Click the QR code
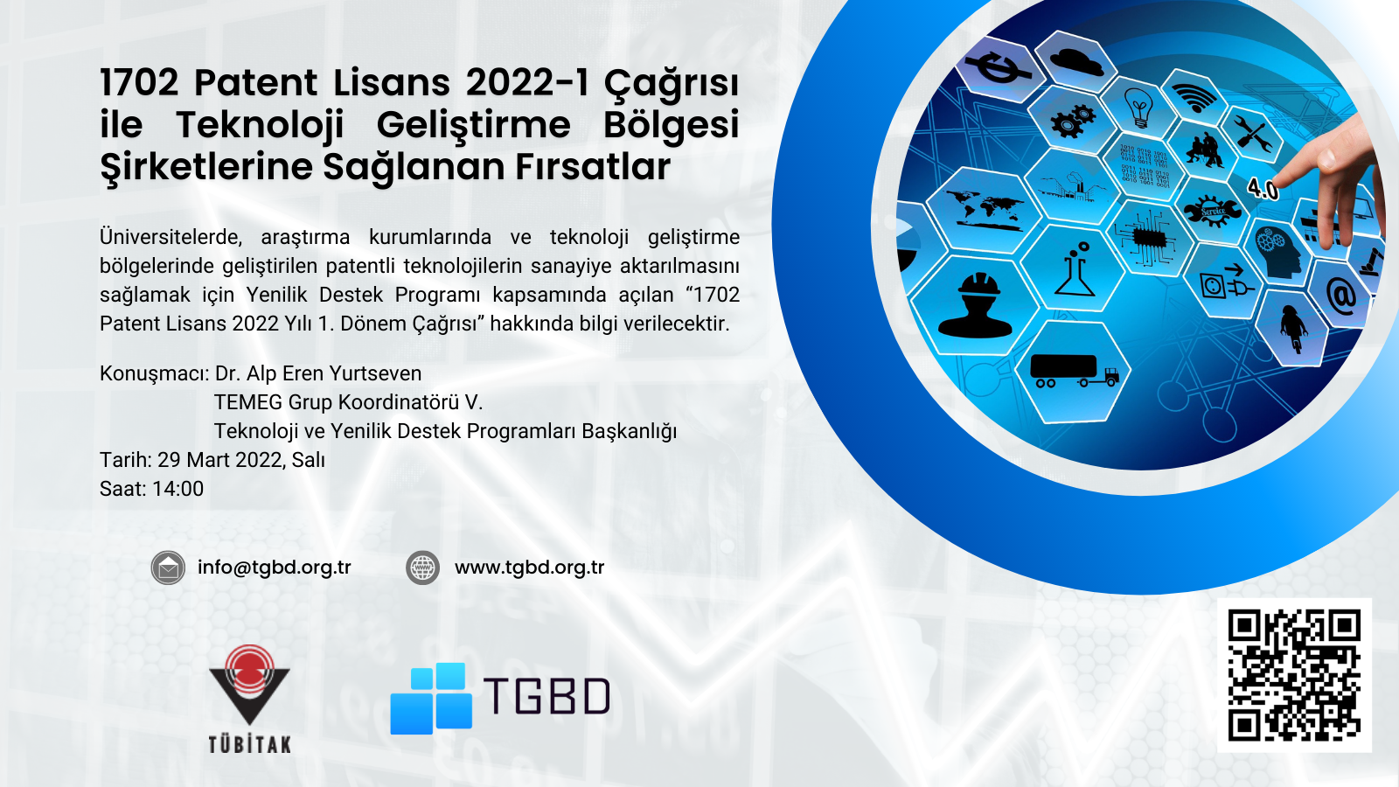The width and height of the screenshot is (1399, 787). click(1294, 675)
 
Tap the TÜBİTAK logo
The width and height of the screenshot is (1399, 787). click(249, 699)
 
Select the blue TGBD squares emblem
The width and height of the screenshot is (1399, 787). click(431, 699)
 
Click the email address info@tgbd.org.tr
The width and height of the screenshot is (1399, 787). click(275, 568)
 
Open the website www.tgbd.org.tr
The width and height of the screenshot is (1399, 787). click(530, 568)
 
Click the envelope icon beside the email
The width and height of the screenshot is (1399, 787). click(168, 568)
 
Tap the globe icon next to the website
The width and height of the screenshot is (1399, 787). click(423, 568)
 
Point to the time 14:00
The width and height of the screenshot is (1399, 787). click(177, 489)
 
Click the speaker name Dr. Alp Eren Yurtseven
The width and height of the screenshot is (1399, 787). click(318, 373)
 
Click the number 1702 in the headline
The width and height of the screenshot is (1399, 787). click(139, 82)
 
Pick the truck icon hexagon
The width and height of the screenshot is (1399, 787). click(1075, 371)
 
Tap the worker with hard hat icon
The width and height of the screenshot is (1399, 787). click(975, 305)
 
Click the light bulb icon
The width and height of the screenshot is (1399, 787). click(1138, 108)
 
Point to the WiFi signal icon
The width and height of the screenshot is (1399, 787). click(1194, 97)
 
